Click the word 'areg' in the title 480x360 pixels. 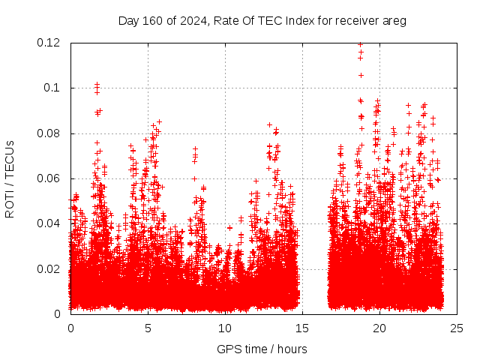(394, 20)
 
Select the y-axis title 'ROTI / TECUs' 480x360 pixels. (10, 178)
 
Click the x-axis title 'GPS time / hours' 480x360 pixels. (262, 349)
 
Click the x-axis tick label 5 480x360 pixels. (148, 328)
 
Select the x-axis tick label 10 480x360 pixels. (225, 328)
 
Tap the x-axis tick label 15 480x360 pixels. (302, 328)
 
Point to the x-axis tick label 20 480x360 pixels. (379, 328)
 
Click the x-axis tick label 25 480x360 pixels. (457, 328)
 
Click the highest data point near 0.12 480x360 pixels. (361, 44)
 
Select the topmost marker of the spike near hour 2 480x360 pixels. (97, 85)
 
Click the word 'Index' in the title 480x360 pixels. (290, 20)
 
